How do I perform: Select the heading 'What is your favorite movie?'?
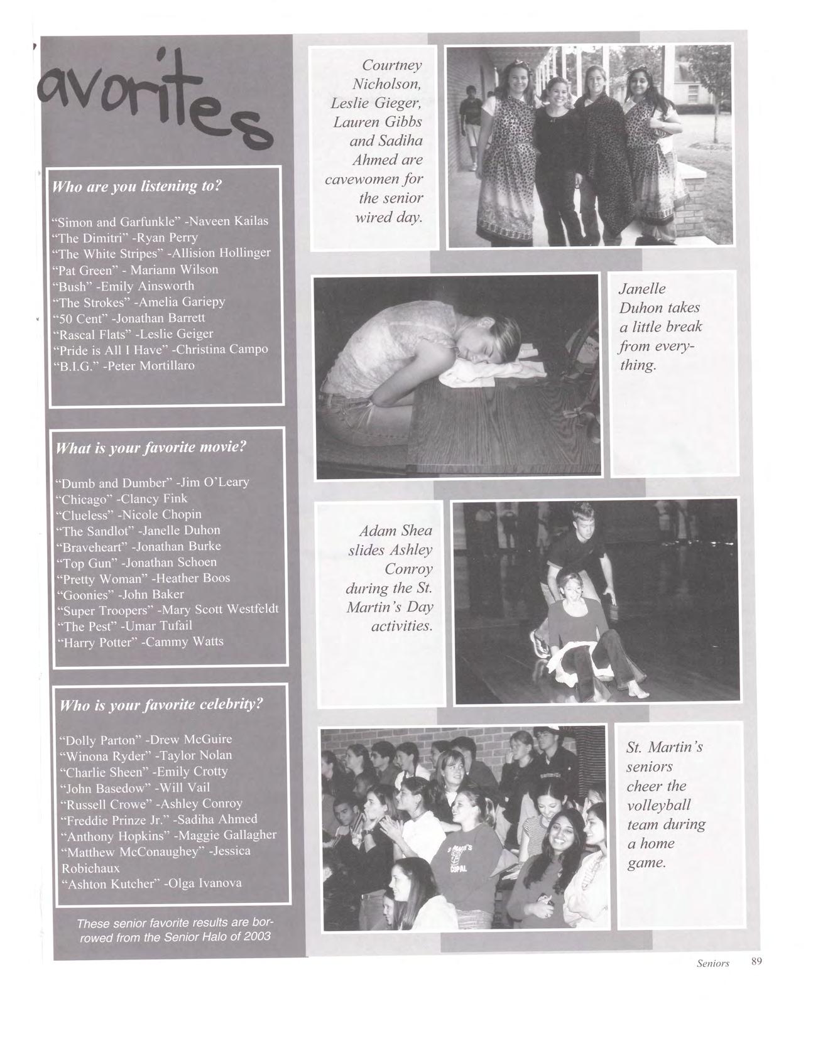pos(151,448)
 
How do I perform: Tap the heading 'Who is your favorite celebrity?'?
pos(160,705)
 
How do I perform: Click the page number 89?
pos(756,961)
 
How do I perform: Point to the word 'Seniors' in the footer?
pos(712,963)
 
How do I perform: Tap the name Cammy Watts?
pos(185,642)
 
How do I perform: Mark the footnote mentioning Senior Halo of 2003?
pos(175,930)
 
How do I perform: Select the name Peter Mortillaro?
pos(151,365)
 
